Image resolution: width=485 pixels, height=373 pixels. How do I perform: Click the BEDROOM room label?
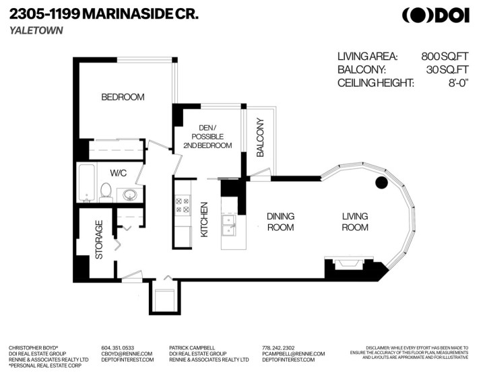(x=123, y=97)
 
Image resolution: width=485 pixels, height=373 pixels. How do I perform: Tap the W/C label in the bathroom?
(x=119, y=173)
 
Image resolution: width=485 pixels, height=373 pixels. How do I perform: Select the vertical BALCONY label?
(x=259, y=137)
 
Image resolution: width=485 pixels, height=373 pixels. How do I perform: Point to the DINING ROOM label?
(x=280, y=222)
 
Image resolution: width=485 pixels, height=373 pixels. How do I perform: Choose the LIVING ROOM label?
(x=354, y=222)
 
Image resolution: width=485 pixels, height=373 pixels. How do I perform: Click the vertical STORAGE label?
(x=98, y=240)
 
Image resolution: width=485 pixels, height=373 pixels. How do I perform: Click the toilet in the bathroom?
(x=105, y=193)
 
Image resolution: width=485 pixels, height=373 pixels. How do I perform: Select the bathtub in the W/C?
(x=86, y=182)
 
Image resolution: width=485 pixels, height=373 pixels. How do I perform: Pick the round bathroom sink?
(x=131, y=195)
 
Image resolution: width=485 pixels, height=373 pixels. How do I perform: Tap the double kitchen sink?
(x=231, y=226)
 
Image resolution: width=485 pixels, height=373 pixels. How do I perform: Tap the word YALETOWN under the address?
(x=32, y=29)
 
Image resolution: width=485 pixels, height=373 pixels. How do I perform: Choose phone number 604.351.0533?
(x=119, y=348)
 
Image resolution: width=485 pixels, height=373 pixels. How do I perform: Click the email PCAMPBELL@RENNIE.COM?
(x=294, y=354)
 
